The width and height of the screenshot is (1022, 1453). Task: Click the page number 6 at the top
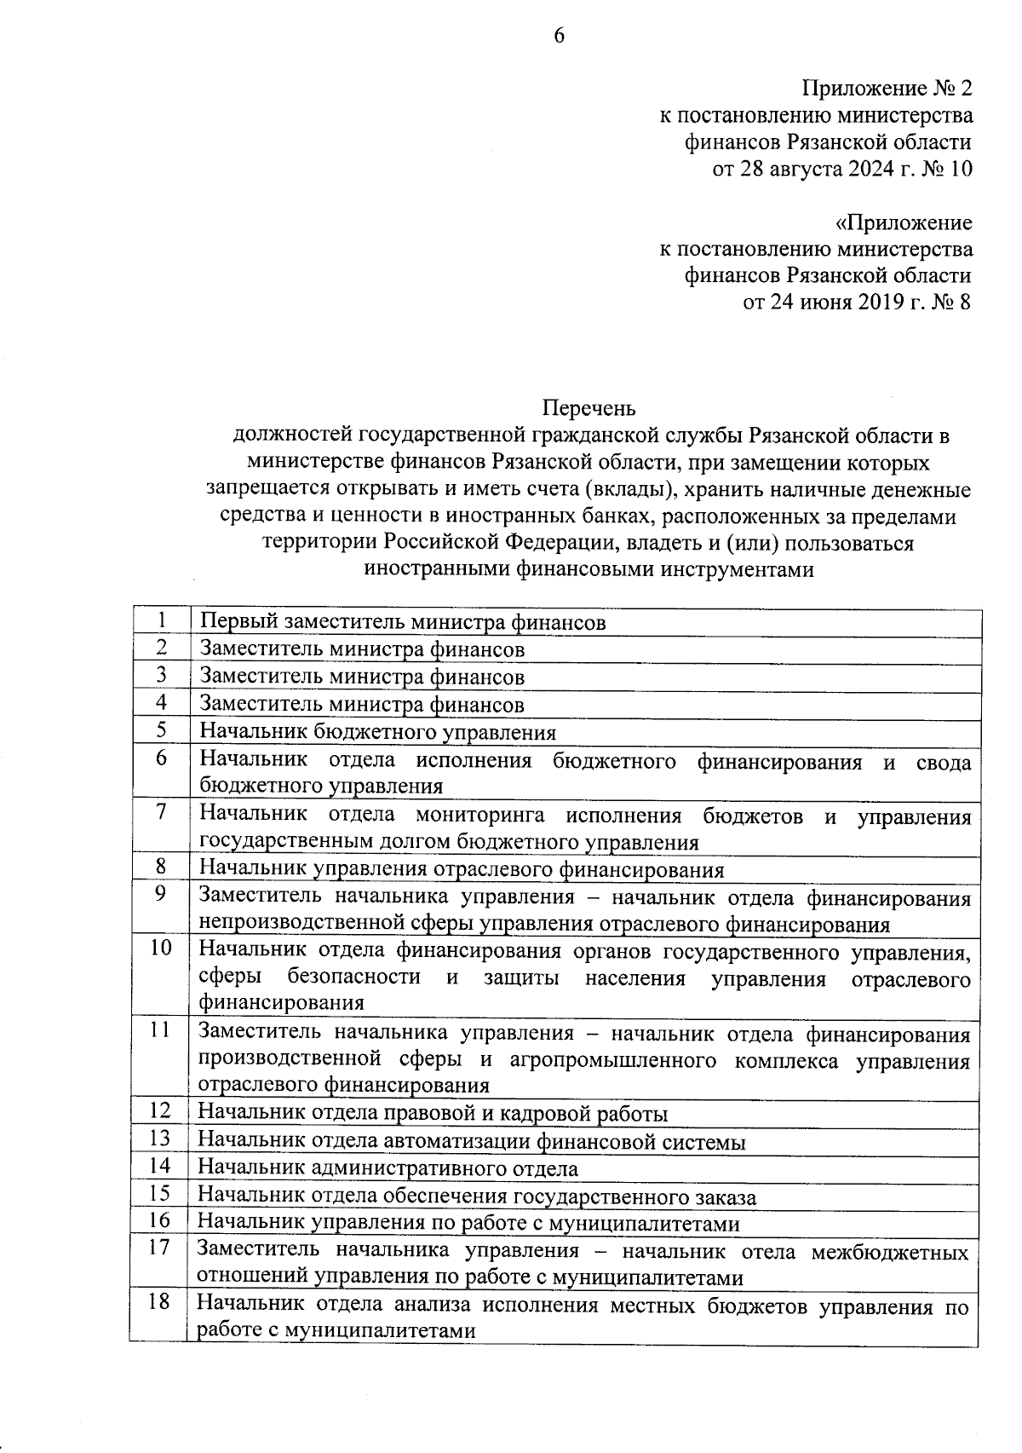[x=560, y=35]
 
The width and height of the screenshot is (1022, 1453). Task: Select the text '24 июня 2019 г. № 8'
[x=857, y=302]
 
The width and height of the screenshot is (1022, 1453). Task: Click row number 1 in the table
[x=161, y=620]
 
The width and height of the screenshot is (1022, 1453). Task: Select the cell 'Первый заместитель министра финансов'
[x=402, y=622]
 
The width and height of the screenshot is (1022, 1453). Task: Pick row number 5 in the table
[x=161, y=729]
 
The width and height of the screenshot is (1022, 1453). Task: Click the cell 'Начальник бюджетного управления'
[x=377, y=732]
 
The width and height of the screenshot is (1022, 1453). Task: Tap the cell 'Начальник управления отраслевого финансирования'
[x=462, y=869]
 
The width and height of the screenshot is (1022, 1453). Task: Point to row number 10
[x=161, y=948]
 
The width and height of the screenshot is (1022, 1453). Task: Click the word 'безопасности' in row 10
[x=354, y=977]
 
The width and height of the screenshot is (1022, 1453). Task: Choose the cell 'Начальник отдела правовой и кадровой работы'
[x=433, y=1113]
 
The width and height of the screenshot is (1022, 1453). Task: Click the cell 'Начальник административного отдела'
[x=388, y=1168]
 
